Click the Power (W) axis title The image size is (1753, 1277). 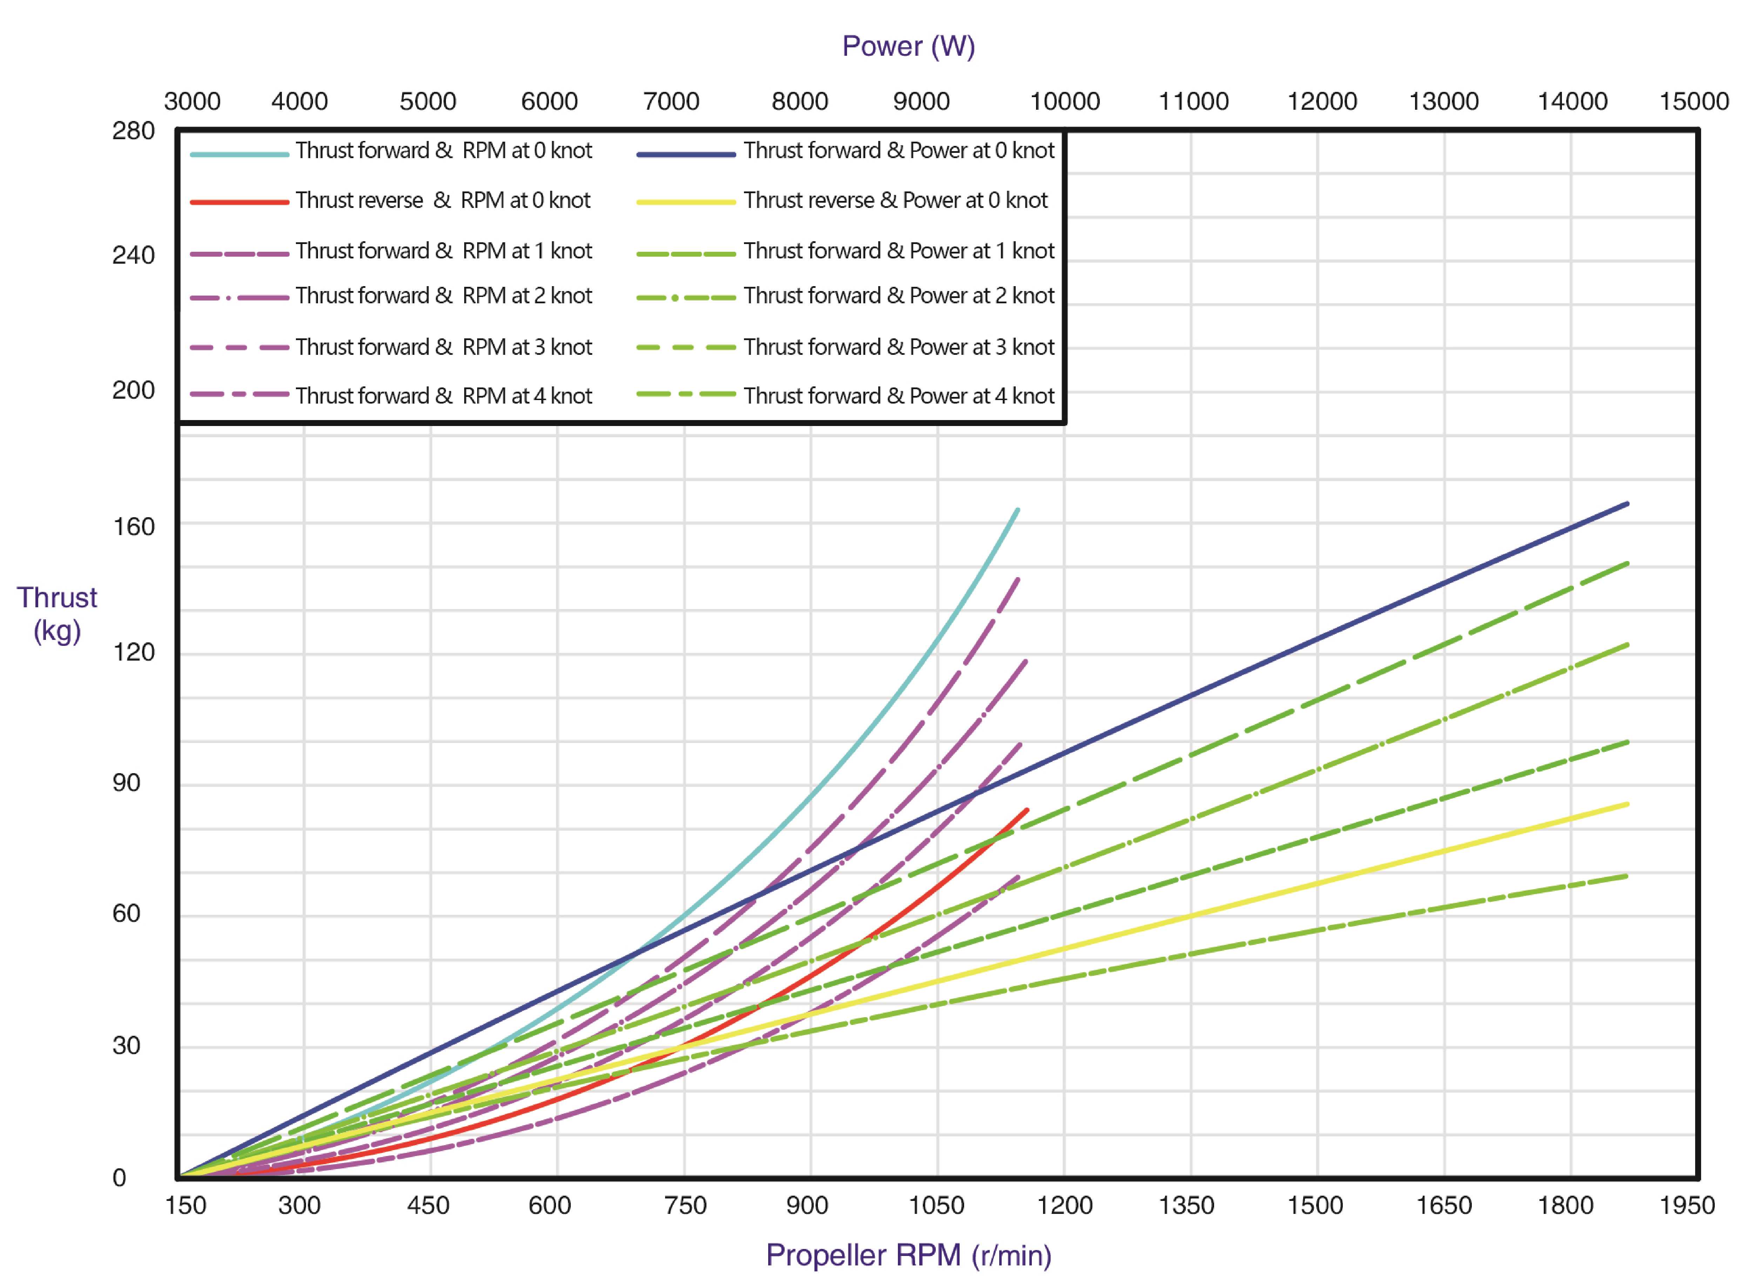point(908,46)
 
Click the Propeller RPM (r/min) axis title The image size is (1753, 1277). point(908,1255)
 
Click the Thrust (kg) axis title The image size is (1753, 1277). point(57,615)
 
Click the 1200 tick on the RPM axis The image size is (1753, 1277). point(1064,1205)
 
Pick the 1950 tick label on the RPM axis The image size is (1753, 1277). point(1686,1205)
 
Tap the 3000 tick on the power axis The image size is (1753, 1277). point(192,101)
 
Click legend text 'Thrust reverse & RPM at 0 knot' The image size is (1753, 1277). point(443,200)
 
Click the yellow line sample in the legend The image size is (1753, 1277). point(685,202)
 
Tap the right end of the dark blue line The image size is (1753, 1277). point(1627,504)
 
